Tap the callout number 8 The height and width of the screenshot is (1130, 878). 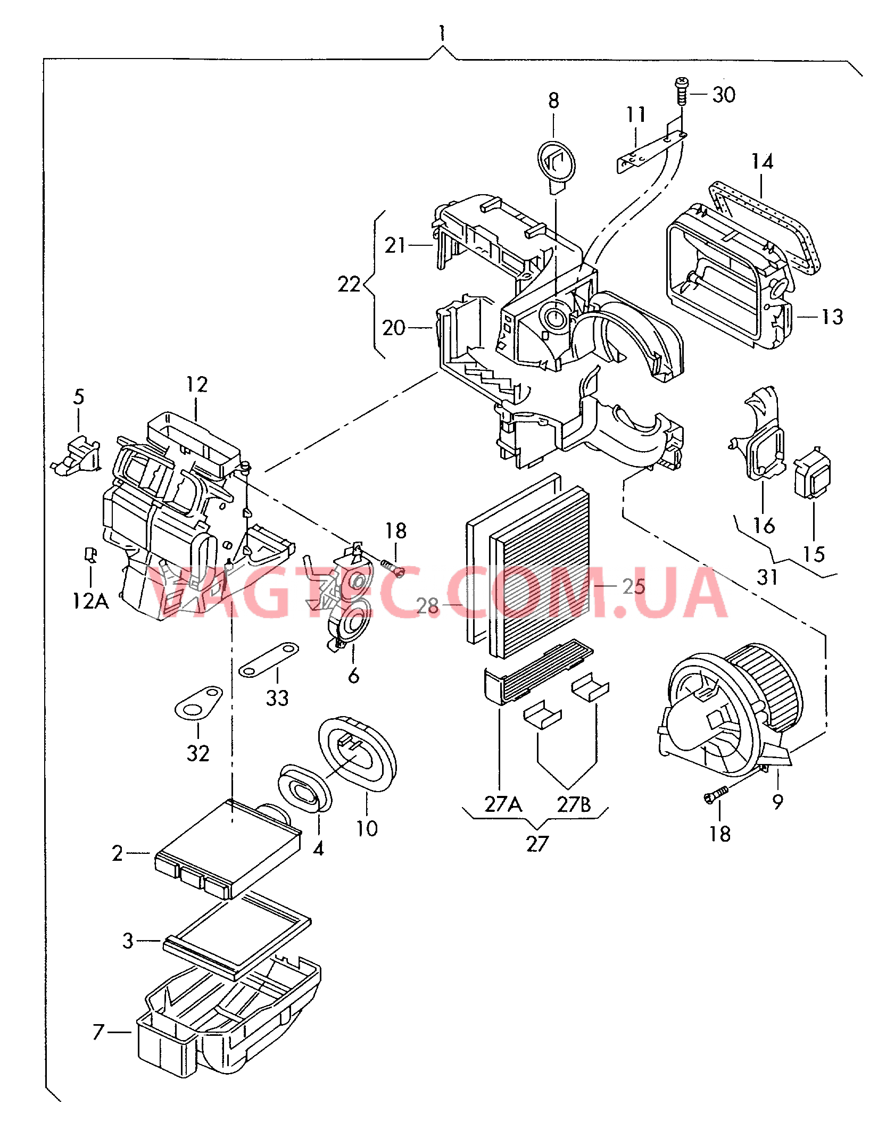point(553,101)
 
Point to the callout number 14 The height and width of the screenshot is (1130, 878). point(762,161)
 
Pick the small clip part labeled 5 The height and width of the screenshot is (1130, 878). point(76,456)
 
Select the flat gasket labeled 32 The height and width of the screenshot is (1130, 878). point(198,703)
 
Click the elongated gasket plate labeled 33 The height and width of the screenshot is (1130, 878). point(269,659)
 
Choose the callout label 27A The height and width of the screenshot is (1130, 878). point(503,804)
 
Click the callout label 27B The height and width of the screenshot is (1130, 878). point(574,804)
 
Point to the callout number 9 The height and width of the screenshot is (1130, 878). point(778,801)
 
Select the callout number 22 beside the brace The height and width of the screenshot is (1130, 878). point(349,284)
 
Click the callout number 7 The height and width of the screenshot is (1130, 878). point(98,1032)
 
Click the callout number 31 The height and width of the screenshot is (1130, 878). point(767,577)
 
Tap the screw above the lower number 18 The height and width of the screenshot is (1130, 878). point(714,795)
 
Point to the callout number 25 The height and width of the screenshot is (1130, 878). point(634,586)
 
